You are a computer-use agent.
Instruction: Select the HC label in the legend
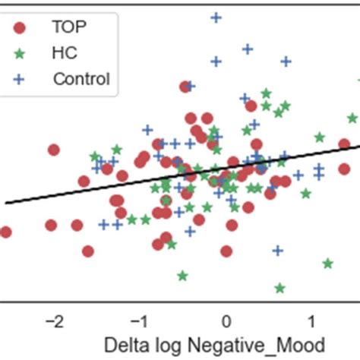click(64, 53)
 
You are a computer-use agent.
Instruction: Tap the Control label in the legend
click(81, 79)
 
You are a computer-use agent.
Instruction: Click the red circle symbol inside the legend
click(20, 28)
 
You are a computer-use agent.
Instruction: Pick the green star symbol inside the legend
click(20, 53)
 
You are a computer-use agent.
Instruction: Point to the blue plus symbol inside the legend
click(20, 79)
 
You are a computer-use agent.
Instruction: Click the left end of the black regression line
click(6, 202)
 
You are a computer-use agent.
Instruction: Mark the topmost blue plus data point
click(216, 17)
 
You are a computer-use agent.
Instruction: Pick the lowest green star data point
click(279, 288)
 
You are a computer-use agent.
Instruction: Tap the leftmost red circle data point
click(5, 232)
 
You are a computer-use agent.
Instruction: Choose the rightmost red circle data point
click(345, 144)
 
